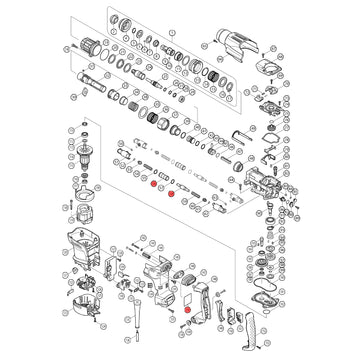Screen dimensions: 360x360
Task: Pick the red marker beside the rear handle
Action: coord(187,312)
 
